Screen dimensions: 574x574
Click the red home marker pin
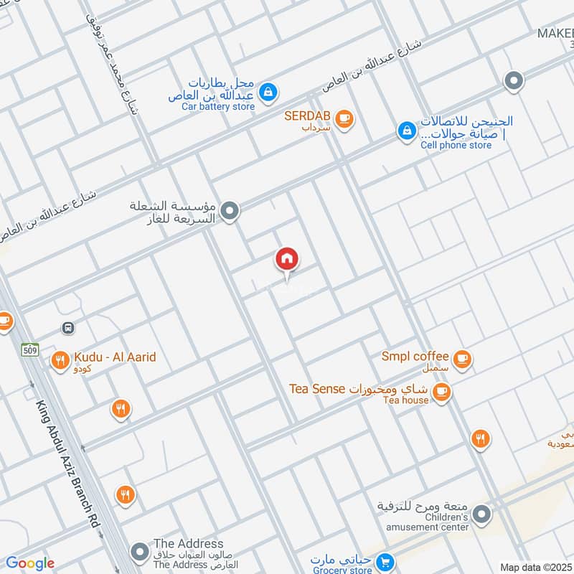pyautogui.click(x=287, y=260)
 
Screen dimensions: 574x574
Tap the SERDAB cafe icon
pyautogui.click(x=345, y=118)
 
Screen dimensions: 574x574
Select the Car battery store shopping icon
pyautogui.click(x=268, y=92)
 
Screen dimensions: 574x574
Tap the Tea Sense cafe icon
pyautogui.click(x=441, y=390)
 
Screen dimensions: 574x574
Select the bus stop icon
pyautogui.click(x=68, y=328)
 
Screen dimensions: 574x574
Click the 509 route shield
pyautogui.click(x=29, y=350)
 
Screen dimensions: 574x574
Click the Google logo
pyautogui.click(x=30, y=563)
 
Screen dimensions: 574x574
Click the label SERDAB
pyautogui.click(x=306, y=116)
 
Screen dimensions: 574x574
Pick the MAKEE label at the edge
pyautogui.click(x=556, y=34)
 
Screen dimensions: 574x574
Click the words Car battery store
pyautogui.click(x=217, y=106)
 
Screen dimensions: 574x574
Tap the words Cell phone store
pyautogui.click(x=456, y=145)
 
